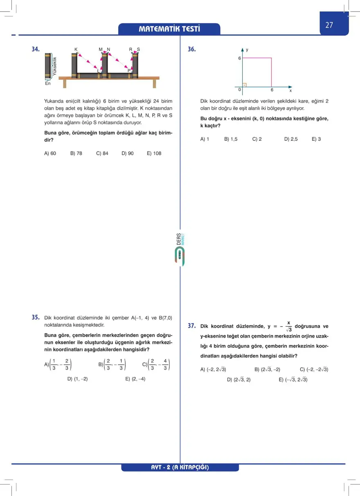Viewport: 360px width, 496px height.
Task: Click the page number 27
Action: click(329, 25)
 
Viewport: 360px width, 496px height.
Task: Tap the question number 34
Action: click(36, 49)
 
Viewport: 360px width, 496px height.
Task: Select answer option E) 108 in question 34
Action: click(154, 153)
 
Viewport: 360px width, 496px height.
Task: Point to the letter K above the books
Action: click(76, 50)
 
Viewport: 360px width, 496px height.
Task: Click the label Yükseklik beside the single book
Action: click(55, 65)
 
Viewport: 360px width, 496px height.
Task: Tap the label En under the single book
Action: click(48, 83)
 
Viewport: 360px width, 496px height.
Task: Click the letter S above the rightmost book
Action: click(138, 50)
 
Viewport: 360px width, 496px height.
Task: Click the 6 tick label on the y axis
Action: click(240, 58)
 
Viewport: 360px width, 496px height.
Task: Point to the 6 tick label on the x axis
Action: click(272, 90)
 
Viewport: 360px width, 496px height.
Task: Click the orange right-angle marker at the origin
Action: click(244, 85)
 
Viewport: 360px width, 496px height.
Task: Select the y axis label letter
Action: click(247, 50)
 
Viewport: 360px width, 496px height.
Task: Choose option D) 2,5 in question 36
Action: click(291, 139)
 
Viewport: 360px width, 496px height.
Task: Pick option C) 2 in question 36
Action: click(257, 139)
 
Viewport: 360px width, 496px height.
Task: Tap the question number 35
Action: click(36, 317)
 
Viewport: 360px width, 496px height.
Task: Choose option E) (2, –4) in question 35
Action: click(135, 379)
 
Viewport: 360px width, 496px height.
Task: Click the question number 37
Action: click(191, 326)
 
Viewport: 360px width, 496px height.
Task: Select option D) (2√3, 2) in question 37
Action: click(239, 380)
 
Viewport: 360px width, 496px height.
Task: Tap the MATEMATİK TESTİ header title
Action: click(169, 29)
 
